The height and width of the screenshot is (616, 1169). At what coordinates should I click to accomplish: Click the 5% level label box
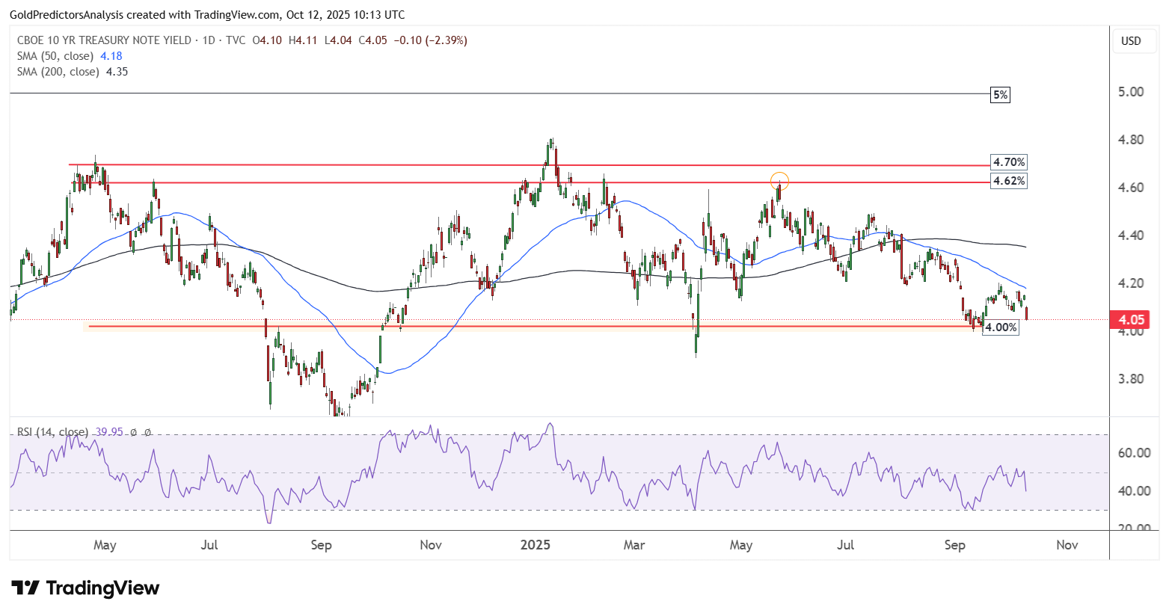click(x=1000, y=95)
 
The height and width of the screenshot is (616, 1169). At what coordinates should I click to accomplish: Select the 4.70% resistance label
click(x=1009, y=162)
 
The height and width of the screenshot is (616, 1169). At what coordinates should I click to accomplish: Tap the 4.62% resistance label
click(x=1009, y=181)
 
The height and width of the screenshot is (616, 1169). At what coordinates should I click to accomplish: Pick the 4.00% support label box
click(x=1001, y=327)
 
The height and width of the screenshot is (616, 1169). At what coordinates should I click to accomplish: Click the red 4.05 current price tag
click(x=1130, y=319)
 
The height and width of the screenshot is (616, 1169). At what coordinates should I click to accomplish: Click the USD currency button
click(x=1131, y=41)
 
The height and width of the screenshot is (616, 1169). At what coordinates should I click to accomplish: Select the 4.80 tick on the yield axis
click(x=1131, y=140)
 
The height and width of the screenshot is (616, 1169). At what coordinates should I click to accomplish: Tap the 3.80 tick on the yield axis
click(x=1131, y=379)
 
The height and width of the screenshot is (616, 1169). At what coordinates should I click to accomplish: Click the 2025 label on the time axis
click(x=536, y=545)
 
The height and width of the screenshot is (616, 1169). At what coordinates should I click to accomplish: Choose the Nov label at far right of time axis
click(x=1067, y=545)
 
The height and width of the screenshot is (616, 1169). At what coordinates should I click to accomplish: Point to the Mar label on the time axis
click(x=634, y=545)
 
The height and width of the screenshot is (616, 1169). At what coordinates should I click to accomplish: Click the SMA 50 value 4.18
click(x=111, y=56)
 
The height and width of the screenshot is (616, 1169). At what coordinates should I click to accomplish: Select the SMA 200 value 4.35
click(x=117, y=72)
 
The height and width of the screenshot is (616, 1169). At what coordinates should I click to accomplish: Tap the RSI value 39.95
click(x=109, y=432)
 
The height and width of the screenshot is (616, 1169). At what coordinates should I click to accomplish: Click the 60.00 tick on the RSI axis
click(x=1134, y=453)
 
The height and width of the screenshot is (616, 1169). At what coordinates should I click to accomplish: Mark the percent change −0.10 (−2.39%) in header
click(x=431, y=40)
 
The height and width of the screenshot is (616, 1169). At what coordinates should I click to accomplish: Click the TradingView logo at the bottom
click(x=85, y=588)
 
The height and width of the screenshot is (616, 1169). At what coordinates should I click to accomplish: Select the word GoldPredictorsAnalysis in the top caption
click(x=67, y=15)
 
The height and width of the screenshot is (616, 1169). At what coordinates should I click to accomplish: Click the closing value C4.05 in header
click(x=372, y=40)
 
